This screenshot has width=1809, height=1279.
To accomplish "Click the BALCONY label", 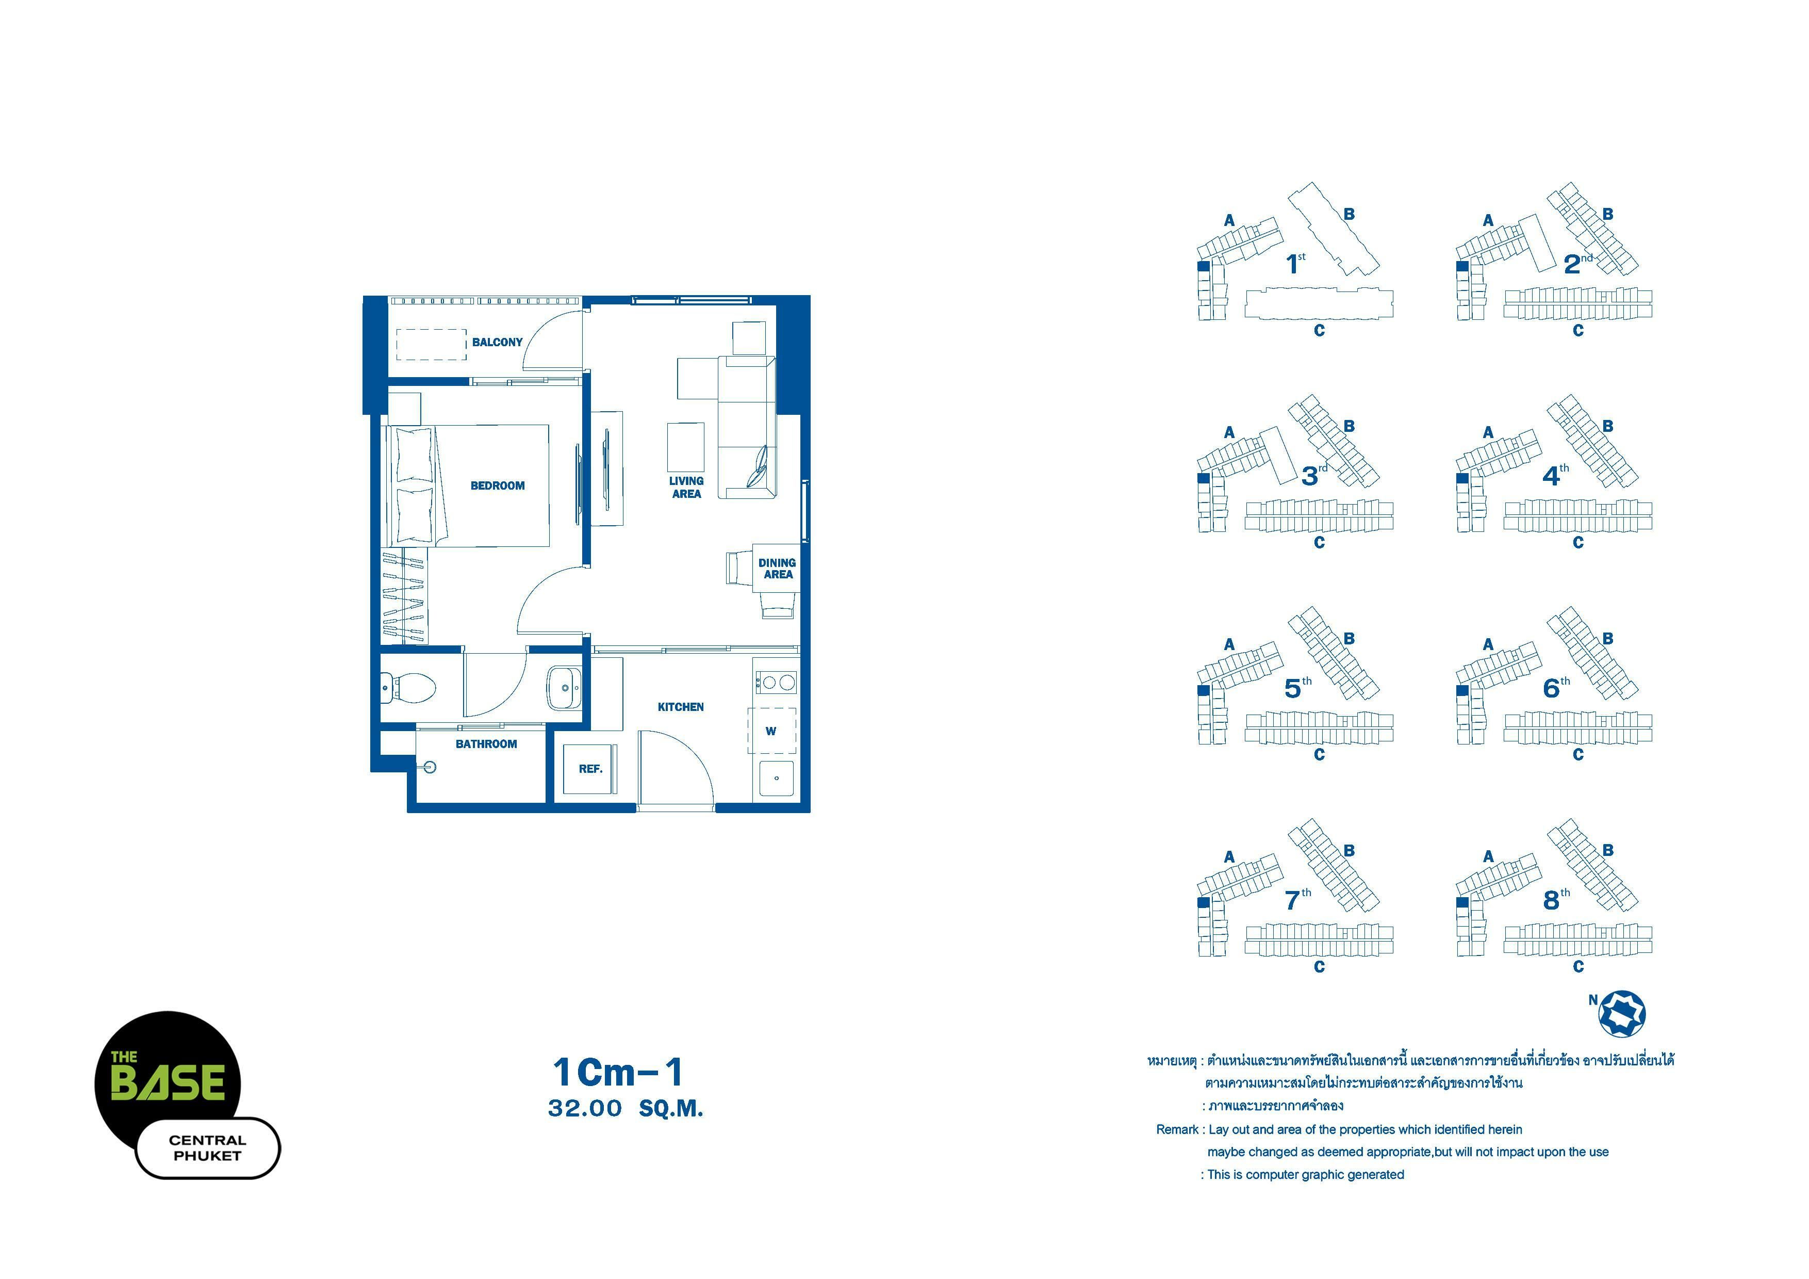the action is click(497, 342).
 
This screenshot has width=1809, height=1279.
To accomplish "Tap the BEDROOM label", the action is click(497, 485).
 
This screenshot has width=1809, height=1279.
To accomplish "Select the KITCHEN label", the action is click(681, 707).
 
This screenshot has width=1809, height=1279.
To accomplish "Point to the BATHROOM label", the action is click(486, 744).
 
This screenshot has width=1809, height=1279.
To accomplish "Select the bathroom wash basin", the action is click(564, 688).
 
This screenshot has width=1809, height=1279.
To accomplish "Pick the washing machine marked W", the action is click(771, 731).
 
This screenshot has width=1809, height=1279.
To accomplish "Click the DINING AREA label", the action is click(778, 568).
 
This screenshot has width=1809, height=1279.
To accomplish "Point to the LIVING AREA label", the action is click(686, 487).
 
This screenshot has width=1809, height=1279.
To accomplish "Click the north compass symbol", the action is click(1621, 1013).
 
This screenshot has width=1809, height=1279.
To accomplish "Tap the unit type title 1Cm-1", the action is click(618, 1072).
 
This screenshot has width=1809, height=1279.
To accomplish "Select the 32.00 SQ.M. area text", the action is click(626, 1108).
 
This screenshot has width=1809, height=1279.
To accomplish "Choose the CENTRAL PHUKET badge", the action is click(208, 1148).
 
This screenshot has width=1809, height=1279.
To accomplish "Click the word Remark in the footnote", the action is click(1177, 1129).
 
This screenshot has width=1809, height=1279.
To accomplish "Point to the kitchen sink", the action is click(777, 778).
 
